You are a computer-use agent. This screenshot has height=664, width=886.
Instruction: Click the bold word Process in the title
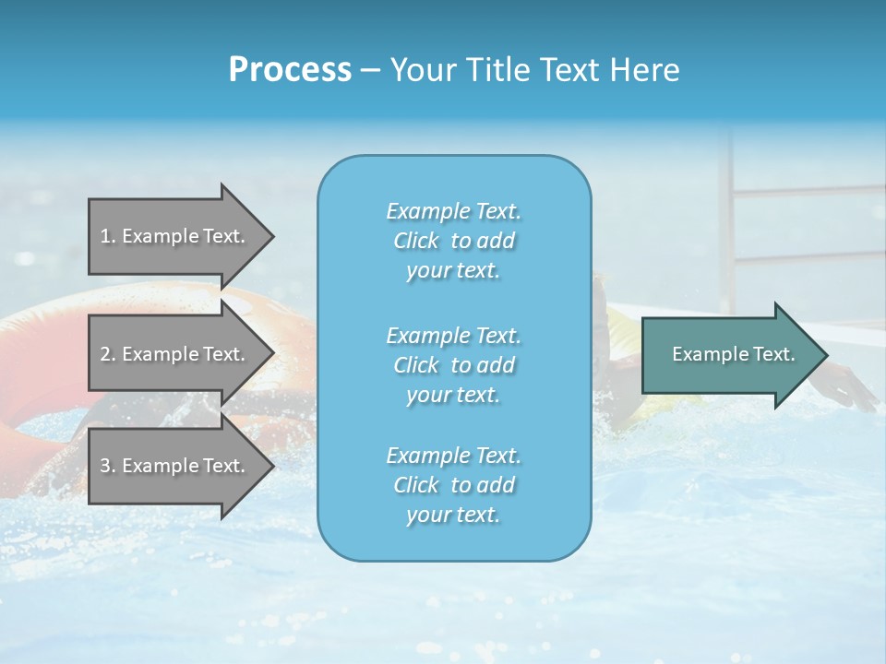290,70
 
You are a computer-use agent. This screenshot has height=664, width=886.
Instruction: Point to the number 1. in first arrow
108,236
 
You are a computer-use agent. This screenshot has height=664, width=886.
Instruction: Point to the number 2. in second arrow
108,354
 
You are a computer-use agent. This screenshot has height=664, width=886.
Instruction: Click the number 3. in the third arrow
108,466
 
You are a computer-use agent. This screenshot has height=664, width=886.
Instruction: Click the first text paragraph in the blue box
453,241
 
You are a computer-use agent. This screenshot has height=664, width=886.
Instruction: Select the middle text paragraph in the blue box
453,365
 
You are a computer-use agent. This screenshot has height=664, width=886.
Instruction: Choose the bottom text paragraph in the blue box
453,485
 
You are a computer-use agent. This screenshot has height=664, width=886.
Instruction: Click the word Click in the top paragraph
415,241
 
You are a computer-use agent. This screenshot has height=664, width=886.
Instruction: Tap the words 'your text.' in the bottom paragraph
453,515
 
